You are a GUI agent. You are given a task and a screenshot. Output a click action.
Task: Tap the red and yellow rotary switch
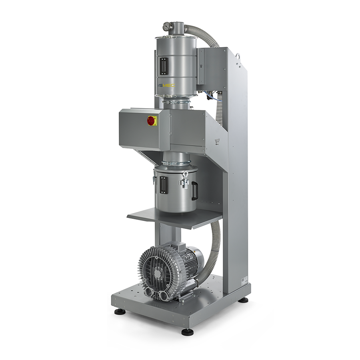point(152,120)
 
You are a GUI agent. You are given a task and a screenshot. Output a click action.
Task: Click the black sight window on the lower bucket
point(163,185)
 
